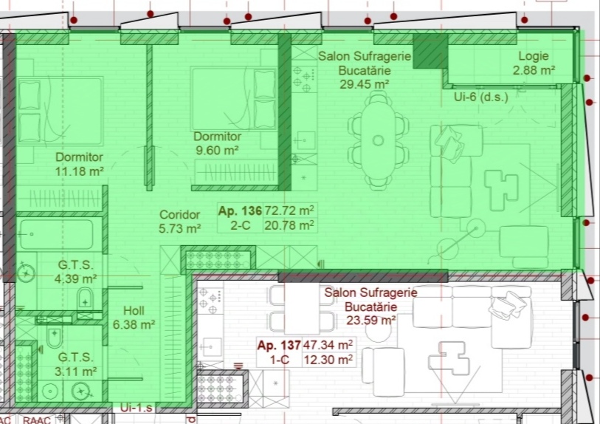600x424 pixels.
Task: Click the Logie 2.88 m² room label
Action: (x=534, y=64)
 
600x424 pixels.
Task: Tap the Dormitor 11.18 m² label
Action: (x=79, y=164)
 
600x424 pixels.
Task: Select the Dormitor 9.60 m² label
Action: (x=218, y=143)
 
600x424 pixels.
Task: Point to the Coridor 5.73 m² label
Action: (x=180, y=222)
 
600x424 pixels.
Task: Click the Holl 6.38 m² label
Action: (x=134, y=318)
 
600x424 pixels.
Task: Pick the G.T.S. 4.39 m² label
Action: (x=75, y=272)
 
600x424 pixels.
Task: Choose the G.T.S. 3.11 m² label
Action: (x=75, y=365)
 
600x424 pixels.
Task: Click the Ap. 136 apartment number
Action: (x=240, y=211)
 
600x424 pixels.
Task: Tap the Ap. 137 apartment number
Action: (x=279, y=346)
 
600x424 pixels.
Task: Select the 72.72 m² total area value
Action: (x=289, y=211)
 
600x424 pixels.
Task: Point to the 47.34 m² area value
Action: (x=328, y=345)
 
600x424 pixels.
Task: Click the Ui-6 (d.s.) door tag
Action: (x=481, y=97)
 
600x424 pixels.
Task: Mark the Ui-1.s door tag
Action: (x=137, y=408)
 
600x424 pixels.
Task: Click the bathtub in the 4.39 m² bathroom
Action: (x=57, y=234)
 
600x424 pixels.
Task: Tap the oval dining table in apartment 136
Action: (x=378, y=140)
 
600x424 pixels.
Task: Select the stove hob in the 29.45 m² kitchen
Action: (x=305, y=79)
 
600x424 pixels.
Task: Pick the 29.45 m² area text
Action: (x=365, y=84)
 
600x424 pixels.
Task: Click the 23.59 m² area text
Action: (x=370, y=320)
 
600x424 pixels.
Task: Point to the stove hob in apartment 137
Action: (x=210, y=299)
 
